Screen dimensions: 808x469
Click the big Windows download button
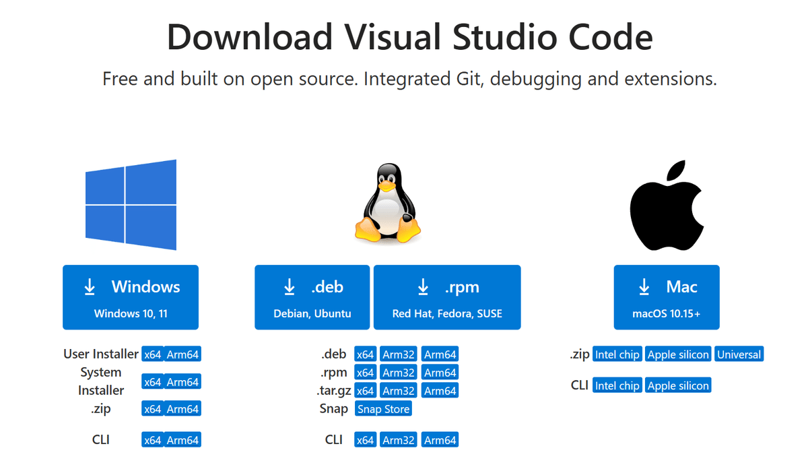click(131, 297)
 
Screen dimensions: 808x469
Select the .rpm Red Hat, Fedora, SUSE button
click(447, 297)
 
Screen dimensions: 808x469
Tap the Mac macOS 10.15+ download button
click(667, 297)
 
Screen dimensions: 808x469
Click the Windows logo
click(131, 205)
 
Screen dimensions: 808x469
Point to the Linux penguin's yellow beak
click(386, 185)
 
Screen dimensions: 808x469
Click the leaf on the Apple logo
click(676, 170)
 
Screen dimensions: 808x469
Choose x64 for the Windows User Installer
click(153, 354)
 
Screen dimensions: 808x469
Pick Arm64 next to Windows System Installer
click(182, 381)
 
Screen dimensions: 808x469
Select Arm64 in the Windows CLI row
click(182, 440)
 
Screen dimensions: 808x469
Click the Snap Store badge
click(383, 409)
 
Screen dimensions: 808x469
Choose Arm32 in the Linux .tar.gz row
click(398, 391)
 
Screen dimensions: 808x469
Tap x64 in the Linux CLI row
click(366, 440)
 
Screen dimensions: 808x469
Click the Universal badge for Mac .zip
click(739, 354)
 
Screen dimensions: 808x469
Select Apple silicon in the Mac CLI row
click(678, 385)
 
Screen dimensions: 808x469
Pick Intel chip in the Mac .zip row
click(617, 354)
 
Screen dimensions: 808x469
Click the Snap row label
click(334, 409)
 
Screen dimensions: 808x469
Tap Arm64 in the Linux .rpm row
click(440, 373)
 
